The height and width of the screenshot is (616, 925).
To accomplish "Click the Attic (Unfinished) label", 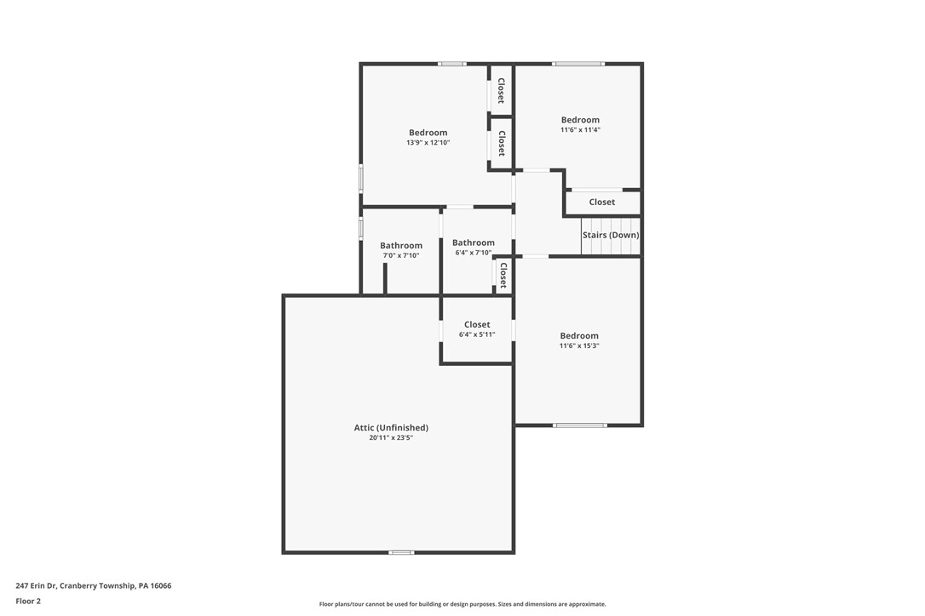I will tap(391, 427).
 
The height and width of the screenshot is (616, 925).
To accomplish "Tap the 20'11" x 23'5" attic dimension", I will tap(391, 438).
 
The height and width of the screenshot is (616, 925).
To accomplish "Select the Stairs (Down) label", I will tap(611, 235).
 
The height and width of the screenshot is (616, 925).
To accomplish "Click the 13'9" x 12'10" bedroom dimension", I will tap(428, 143).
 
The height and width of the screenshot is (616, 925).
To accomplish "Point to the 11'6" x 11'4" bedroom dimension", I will tap(580, 130).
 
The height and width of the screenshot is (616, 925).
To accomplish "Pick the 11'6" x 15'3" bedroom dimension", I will tap(579, 346).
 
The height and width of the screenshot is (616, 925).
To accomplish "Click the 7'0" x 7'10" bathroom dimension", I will tap(401, 255).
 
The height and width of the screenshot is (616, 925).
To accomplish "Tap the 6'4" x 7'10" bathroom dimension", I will tap(474, 253).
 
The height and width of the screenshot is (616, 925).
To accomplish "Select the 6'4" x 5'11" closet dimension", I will tap(477, 334).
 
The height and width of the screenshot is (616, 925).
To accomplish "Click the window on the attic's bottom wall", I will tap(401, 553).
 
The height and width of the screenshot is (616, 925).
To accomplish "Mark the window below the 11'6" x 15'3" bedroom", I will tap(580, 425).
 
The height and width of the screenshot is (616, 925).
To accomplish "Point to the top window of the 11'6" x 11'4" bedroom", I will tap(578, 64).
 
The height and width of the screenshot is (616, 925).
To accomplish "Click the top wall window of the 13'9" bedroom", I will tap(452, 64).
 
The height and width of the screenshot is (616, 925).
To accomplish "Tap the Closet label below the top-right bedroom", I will tap(602, 202).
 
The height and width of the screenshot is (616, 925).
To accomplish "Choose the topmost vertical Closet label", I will tap(502, 90).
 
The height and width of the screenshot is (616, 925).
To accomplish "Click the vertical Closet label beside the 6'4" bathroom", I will tap(503, 276).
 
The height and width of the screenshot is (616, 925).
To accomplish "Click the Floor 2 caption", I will tap(28, 601).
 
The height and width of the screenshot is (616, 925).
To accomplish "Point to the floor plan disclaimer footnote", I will tap(462, 604).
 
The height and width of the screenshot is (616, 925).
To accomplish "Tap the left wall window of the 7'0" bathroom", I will tap(361, 229).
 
